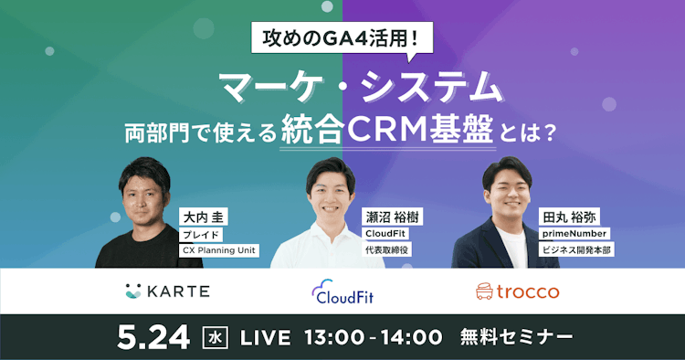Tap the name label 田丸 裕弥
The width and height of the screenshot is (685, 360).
coord(571,217)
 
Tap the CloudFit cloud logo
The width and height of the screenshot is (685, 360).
coord(342,291)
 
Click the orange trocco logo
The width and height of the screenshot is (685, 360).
coord(518,291)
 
